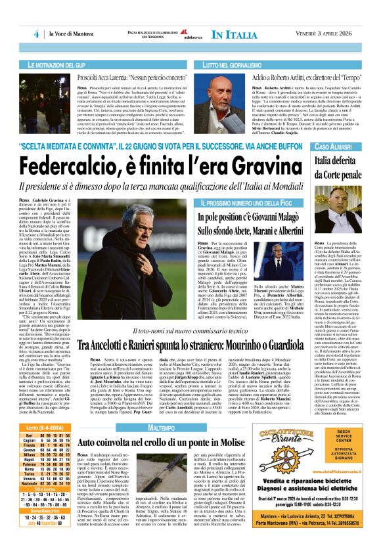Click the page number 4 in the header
coord(37,34)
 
